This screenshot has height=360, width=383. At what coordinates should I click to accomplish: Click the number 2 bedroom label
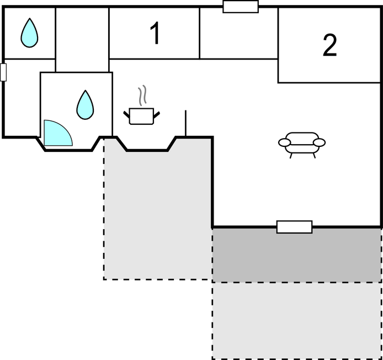click(x=329, y=46)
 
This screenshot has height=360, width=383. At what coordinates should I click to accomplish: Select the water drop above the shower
click(x=84, y=105)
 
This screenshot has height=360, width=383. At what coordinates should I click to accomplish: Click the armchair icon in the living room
click(x=302, y=142)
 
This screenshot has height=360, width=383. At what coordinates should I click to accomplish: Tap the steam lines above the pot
click(x=143, y=96)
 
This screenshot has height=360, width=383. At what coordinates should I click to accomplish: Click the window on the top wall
click(x=241, y=7)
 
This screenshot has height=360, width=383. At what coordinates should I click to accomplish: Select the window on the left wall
click(x=3, y=72)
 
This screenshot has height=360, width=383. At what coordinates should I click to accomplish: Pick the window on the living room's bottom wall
click(x=294, y=227)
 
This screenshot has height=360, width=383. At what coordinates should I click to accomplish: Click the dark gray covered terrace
click(x=297, y=256)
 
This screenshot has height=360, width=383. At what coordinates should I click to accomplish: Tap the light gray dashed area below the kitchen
click(x=157, y=215)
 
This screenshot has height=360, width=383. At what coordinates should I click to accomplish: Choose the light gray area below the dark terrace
click(x=297, y=320)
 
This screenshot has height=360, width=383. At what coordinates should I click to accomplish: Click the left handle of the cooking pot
click(x=127, y=114)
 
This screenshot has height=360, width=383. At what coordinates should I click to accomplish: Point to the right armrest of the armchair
click(x=320, y=142)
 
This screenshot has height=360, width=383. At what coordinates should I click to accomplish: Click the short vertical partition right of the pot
click(x=185, y=123)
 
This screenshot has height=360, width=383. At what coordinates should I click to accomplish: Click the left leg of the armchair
click(x=291, y=155)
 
